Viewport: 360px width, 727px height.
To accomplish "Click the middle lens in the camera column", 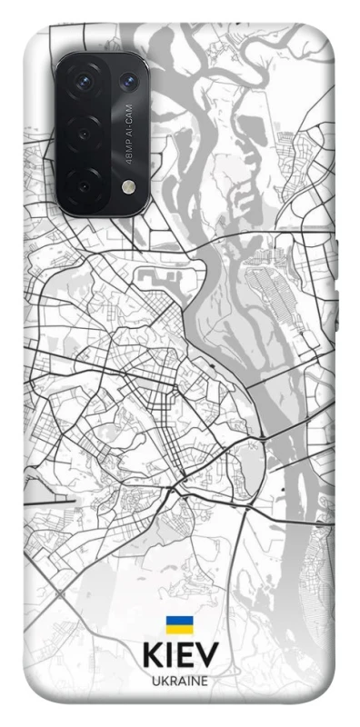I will tap(84, 134).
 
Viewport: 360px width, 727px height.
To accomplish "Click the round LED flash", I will tap(126, 186).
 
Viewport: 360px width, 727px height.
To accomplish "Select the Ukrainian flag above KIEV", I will tap(178, 624).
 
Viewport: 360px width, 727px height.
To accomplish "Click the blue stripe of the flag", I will tap(178, 621).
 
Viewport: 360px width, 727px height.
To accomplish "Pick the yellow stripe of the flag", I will tap(178, 629).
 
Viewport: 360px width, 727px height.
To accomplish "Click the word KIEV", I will tap(179, 655).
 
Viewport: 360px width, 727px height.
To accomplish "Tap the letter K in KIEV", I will tap(151, 655).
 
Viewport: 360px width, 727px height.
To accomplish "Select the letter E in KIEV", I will tap(185, 655).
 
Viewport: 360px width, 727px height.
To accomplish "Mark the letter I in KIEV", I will tap(168, 655).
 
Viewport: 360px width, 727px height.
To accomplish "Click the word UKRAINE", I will tap(179, 680).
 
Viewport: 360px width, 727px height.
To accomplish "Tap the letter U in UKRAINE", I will tap(155, 680).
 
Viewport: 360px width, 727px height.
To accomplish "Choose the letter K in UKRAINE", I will tap(164, 680).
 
